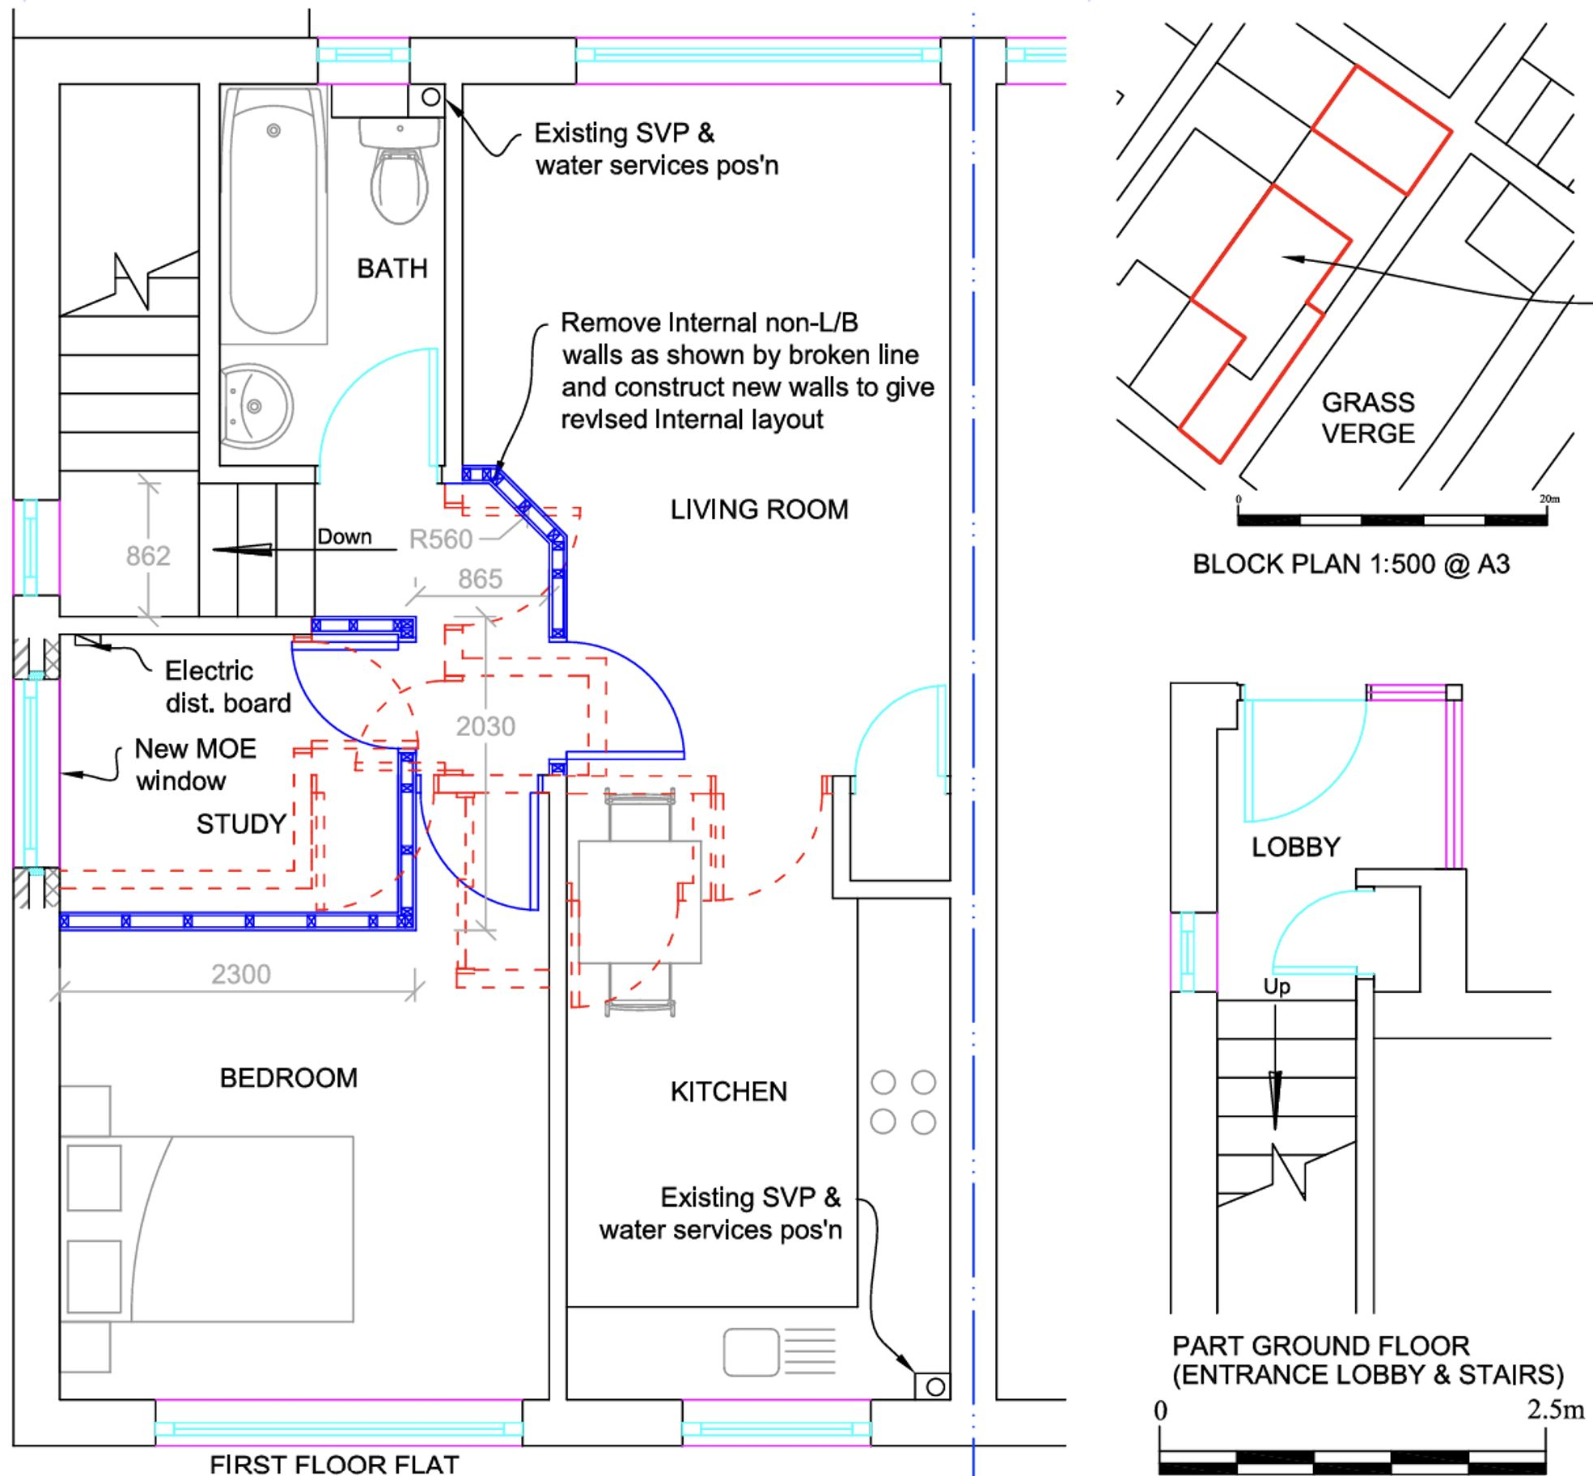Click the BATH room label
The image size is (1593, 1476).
pos(392,269)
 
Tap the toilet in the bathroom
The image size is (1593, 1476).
pos(399,182)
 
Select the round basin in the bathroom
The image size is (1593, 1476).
pos(256,406)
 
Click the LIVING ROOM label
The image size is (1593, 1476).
pos(759,510)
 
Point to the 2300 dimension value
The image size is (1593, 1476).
pos(241,974)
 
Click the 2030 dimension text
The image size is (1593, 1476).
pos(485,726)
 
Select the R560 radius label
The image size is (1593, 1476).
pos(440,539)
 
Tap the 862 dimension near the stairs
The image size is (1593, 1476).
pos(148,556)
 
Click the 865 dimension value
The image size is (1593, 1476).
pos(480,578)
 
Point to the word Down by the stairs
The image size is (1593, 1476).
pos(345,537)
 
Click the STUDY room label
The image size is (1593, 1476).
pos(241,823)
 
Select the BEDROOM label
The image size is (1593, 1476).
pos(288,1077)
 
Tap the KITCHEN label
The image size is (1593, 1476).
pos(728,1091)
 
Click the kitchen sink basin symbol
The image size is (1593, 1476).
pos(751,1351)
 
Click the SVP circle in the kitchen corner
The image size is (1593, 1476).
pos(935,1387)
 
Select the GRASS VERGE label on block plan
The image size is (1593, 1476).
pos(1368,417)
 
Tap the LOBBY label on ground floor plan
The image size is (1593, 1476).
pos(1295,847)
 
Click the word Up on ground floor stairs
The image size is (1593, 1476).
pos(1277,986)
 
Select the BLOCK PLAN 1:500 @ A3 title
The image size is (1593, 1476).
pos(1351,564)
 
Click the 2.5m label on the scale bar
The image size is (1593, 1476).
pos(1555,1410)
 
